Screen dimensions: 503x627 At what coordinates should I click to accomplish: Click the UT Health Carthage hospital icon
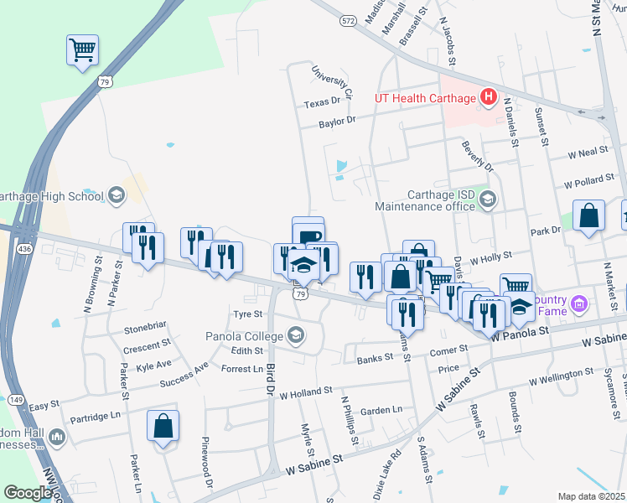(x=489, y=99)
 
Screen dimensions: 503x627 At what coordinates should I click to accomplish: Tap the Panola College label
(x=244, y=337)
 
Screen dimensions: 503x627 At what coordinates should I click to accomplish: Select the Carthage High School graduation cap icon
(x=116, y=196)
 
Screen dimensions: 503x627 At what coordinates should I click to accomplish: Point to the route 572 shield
(x=349, y=20)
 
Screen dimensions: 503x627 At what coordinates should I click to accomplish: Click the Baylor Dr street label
(x=337, y=120)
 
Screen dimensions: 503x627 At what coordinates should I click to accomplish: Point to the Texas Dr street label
(x=324, y=102)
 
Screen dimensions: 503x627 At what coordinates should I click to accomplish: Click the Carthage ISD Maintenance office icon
(x=489, y=200)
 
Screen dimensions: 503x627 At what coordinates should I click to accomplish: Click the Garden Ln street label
(x=381, y=411)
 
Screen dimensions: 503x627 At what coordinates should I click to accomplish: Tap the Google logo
(x=28, y=493)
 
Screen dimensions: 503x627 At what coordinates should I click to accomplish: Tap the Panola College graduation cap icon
(x=294, y=337)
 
